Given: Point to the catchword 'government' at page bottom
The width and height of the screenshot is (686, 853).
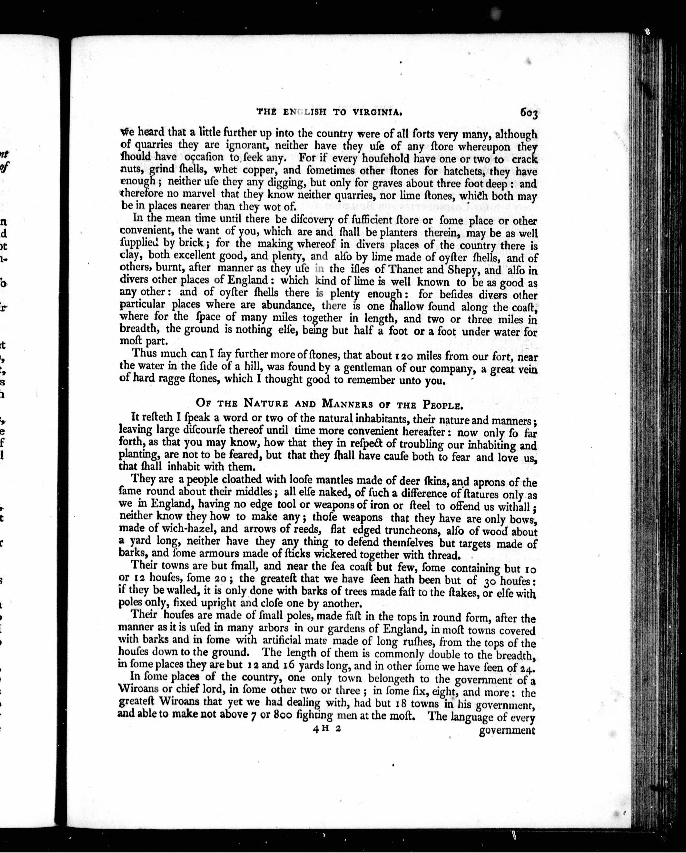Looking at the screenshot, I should [x=507, y=730].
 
